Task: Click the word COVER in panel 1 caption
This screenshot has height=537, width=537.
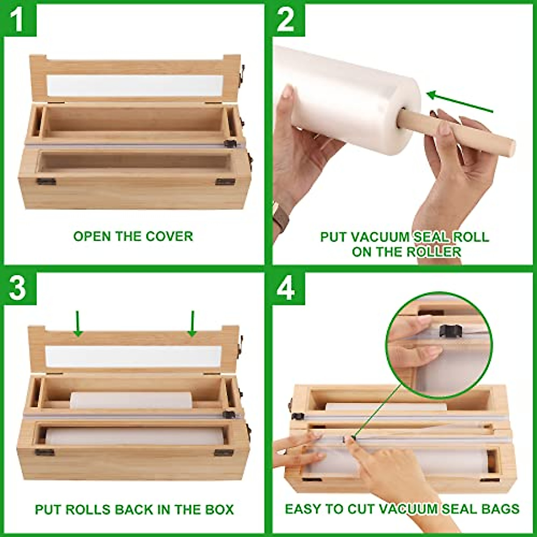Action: tap(170, 236)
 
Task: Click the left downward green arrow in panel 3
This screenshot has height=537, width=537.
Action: tap(78, 323)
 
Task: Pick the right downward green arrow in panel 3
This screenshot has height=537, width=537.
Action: tap(192, 323)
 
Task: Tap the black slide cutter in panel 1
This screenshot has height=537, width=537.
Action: tap(230, 144)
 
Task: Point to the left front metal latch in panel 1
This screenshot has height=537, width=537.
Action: tap(46, 181)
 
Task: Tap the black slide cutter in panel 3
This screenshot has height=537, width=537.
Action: tap(229, 414)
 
